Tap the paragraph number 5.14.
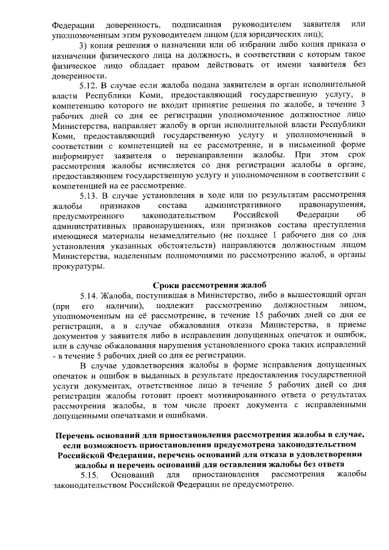point(91,294)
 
